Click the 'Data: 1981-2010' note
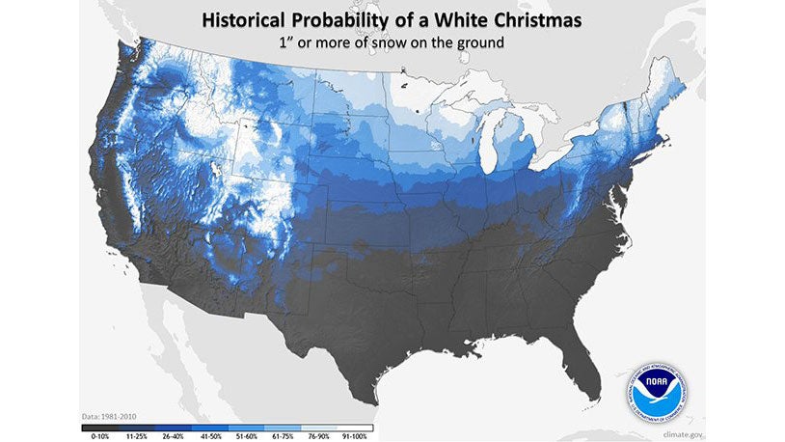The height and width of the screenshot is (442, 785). coord(110,417)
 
